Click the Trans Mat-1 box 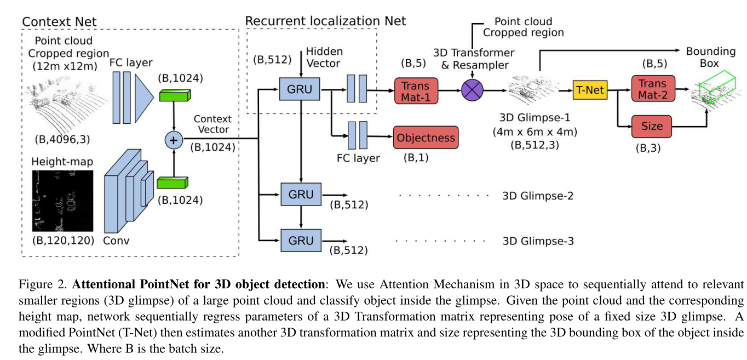tap(416, 90)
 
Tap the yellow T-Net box tap(590, 89)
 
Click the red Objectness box tap(426, 138)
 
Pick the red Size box tap(652, 127)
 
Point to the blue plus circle tap(174, 141)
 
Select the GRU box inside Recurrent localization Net tap(299, 89)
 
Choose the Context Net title tap(59, 22)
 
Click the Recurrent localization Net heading tap(325, 21)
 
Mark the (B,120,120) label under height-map tap(61, 241)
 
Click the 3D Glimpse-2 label tap(537, 196)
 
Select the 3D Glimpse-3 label tap(537, 241)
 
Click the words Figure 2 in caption tap(43, 284)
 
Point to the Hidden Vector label tap(324, 58)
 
